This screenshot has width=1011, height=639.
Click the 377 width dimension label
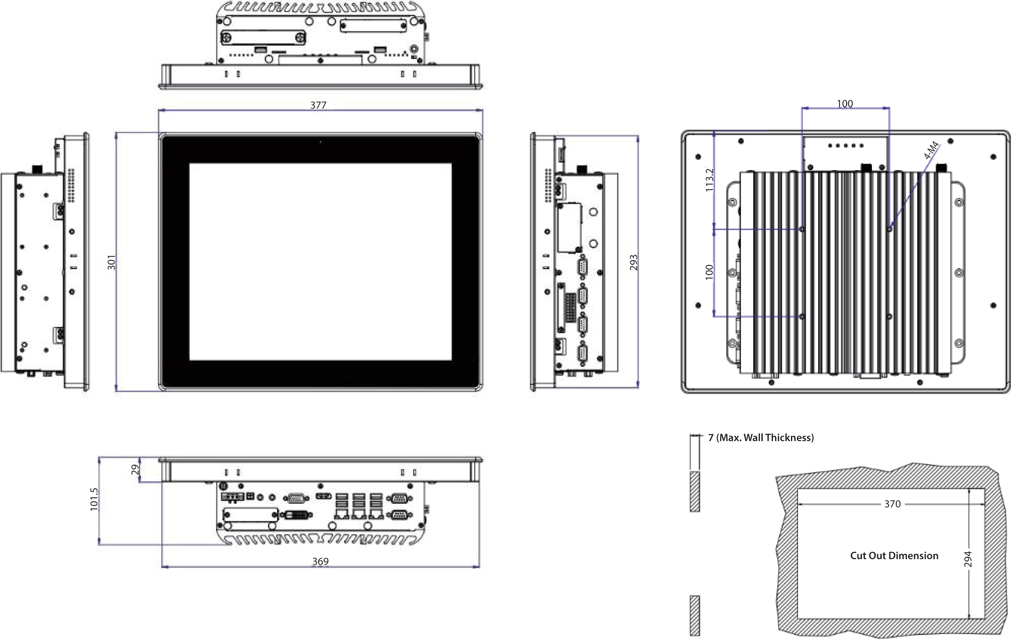[318, 105]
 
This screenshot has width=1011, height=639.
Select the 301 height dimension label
[111, 262]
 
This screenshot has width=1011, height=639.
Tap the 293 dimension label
[634, 262]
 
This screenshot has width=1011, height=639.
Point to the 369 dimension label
[320, 561]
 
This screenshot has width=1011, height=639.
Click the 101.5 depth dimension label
[94, 499]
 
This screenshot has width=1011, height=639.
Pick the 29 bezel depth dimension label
[135, 469]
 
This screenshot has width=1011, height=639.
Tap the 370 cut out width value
[892, 504]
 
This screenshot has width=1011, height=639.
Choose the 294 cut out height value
[968, 559]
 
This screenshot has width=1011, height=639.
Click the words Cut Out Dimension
[894, 556]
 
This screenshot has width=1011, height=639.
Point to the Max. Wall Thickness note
[761, 438]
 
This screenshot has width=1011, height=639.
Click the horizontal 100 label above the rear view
[845, 104]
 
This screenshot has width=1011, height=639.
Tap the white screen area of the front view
[320, 261]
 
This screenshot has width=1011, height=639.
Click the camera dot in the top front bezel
[321, 142]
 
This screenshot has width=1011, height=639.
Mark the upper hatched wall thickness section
[695, 491]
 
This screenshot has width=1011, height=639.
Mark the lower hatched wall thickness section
[695, 615]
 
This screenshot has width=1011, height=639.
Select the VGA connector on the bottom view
[296, 498]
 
